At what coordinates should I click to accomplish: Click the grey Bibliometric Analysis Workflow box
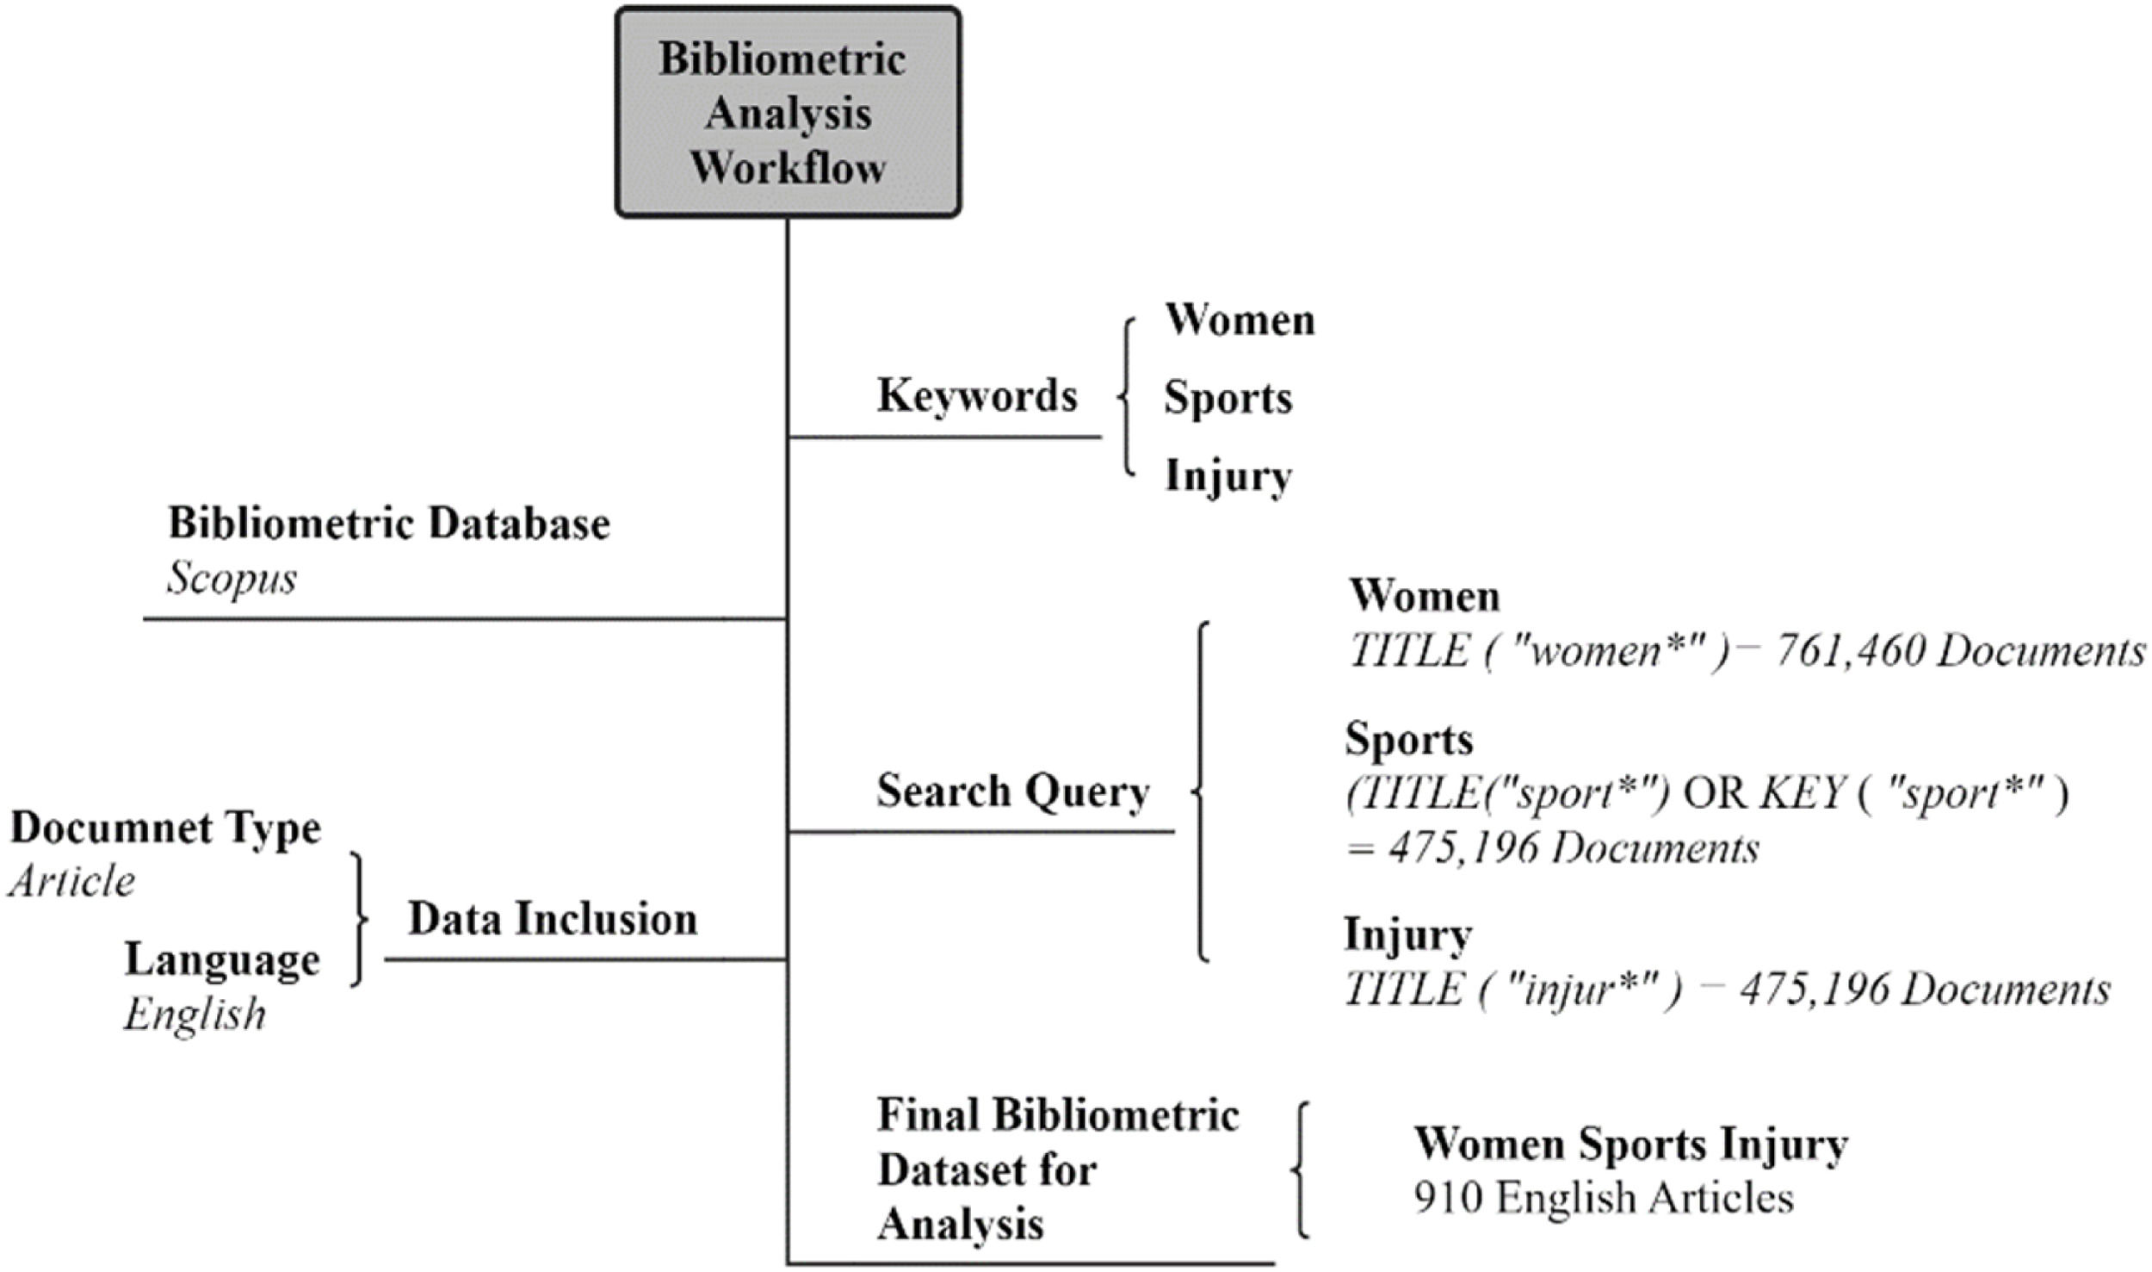point(788,112)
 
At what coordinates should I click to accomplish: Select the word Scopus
point(232,578)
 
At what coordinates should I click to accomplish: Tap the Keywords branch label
point(977,395)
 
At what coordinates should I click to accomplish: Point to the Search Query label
point(1013,791)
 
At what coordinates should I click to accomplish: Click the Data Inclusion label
point(553,918)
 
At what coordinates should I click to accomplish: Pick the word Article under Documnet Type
point(72,882)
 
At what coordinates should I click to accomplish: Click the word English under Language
point(195,1014)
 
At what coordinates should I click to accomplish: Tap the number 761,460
point(1849,651)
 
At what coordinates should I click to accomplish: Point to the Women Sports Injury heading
point(1630,1144)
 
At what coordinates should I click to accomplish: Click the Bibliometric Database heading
point(389,523)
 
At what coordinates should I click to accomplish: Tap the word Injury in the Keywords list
point(1228,476)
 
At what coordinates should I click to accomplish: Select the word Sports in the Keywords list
point(1228,398)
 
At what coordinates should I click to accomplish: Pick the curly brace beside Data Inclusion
point(358,919)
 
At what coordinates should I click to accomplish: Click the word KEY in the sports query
point(1803,794)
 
